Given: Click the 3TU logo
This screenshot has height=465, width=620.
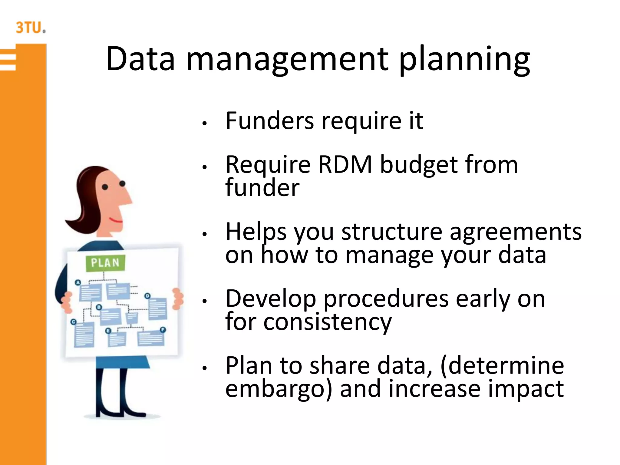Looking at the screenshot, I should click(30, 27).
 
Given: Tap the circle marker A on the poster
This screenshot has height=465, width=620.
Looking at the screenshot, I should click(78, 282).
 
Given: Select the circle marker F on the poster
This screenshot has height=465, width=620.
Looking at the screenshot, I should click(163, 330).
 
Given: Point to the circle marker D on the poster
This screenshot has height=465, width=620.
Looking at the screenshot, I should click(147, 296).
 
